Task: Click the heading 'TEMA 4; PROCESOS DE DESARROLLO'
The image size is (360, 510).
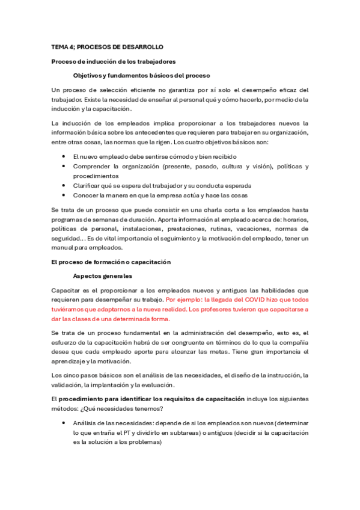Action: tap(107, 47)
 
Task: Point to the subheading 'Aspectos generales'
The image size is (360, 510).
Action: tap(102, 276)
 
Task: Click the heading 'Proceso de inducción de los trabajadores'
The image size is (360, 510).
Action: tap(114, 61)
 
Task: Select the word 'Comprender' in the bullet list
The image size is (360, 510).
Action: tap(92, 166)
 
